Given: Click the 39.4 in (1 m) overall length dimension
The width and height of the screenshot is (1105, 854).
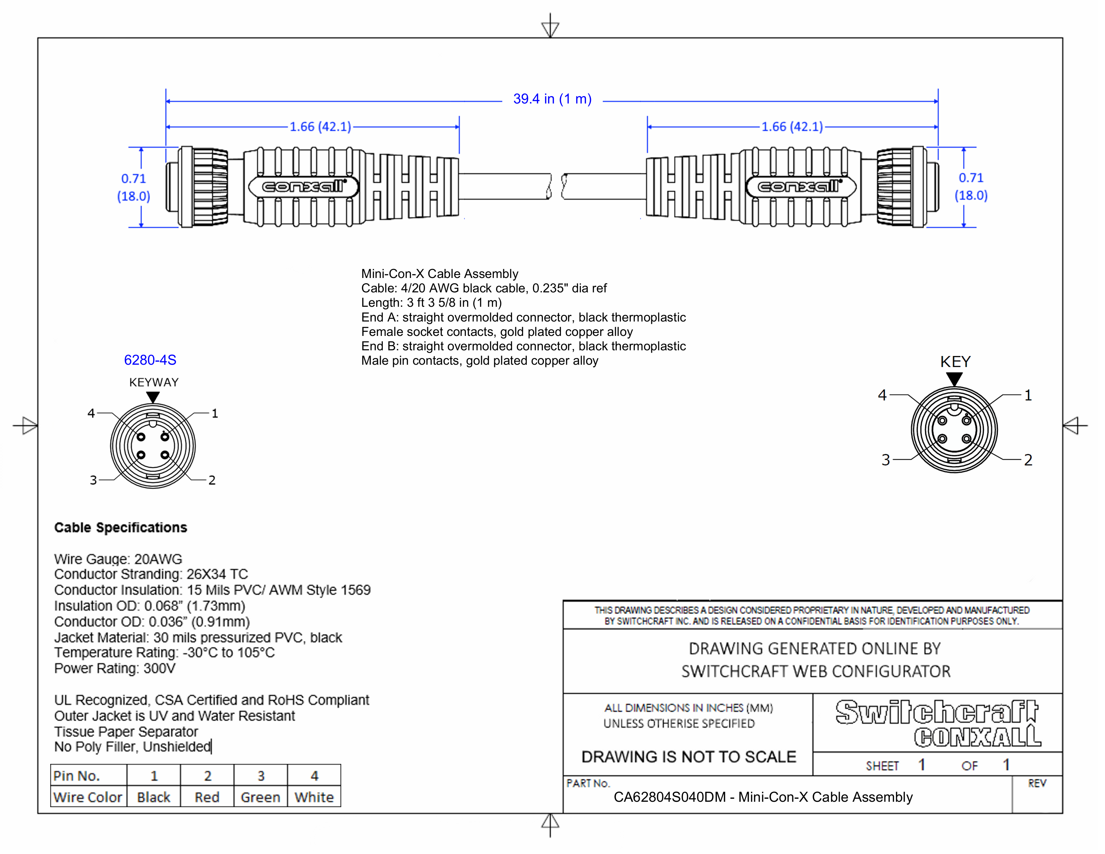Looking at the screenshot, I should point(552,99).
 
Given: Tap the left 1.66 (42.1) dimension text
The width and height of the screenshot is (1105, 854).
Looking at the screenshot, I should point(320,127).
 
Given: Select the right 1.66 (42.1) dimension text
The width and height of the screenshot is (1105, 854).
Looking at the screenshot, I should point(792,127).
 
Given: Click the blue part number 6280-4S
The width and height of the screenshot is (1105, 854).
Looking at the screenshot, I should point(150,360).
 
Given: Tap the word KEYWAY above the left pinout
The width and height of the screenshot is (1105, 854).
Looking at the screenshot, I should point(154,382).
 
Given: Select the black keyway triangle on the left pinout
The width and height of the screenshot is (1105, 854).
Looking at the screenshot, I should point(153,397).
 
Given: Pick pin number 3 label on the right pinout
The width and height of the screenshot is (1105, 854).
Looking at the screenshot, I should point(885,460).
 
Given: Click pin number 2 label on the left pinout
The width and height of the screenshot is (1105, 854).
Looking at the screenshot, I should point(212,480).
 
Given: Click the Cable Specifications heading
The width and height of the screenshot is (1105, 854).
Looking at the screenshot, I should point(121,528).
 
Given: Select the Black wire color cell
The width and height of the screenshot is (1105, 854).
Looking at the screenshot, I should point(153,797).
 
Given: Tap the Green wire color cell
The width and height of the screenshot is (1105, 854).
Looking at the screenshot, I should point(260,797).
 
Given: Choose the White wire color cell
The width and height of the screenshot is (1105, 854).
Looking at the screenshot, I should point(314,797).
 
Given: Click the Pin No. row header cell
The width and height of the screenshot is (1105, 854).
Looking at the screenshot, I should point(77,776).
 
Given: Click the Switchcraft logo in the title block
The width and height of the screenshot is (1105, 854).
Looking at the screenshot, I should point(937,712).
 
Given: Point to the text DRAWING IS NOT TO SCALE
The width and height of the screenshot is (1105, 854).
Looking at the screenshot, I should point(688,757).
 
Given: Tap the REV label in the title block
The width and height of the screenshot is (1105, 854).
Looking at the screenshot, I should point(1037,784).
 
